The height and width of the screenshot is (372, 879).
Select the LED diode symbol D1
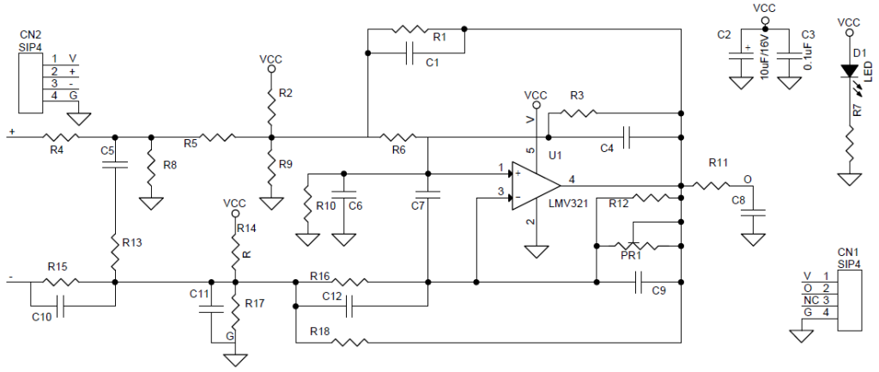849,71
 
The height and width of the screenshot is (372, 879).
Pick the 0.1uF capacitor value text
809,58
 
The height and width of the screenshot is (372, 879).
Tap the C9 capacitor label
660,290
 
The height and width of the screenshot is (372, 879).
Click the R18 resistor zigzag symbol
350,342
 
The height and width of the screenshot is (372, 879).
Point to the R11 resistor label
718,163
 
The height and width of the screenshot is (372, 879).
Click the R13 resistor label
132,243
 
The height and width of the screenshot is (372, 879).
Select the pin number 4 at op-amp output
571,180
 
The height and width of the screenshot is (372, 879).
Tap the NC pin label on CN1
809,300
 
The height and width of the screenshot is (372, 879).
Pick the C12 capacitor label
333,296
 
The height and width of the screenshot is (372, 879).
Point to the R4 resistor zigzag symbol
61,137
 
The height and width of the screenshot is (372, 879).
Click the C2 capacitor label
724,34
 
